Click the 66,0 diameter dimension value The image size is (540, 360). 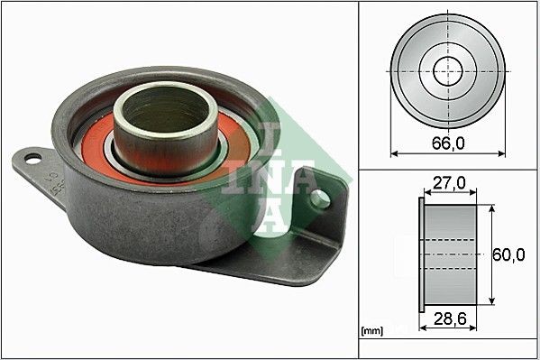(447, 143)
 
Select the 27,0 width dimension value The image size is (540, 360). (447, 184)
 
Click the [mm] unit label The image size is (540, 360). (371, 331)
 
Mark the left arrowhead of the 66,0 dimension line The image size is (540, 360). (394, 154)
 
